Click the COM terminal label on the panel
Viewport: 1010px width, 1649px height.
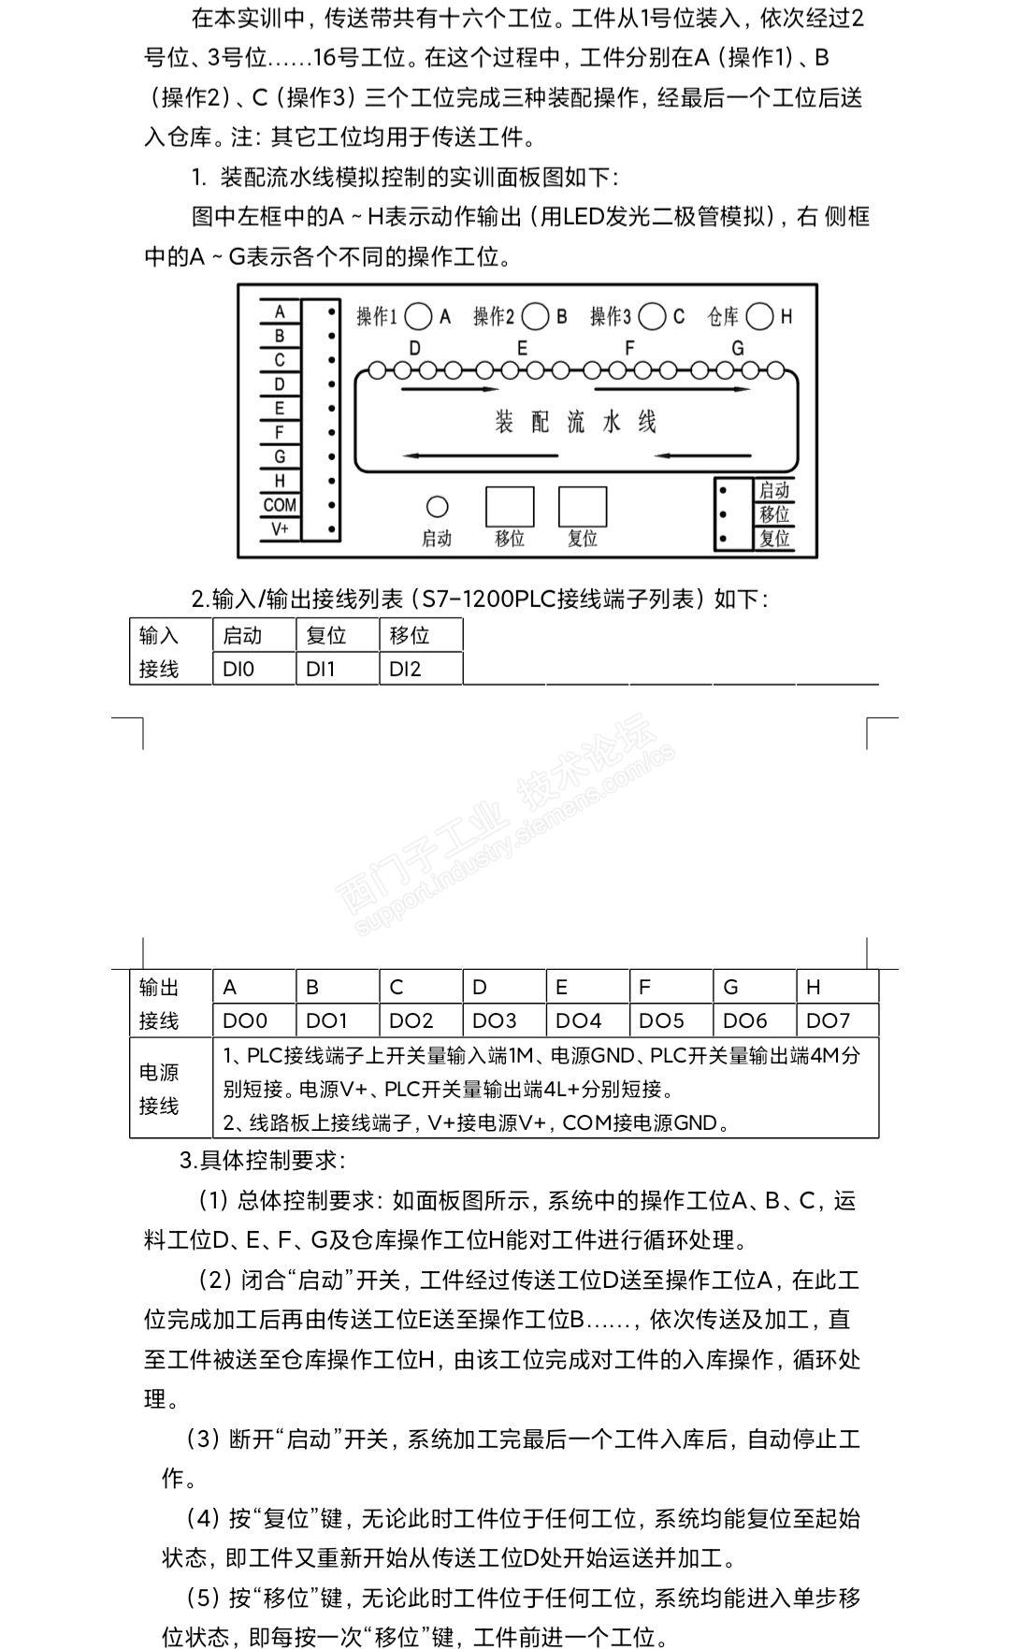pos(280,505)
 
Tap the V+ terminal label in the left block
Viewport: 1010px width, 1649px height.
pos(280,528)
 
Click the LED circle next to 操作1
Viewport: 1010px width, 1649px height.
pos(419,317)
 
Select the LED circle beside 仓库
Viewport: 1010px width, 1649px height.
pos(760,317)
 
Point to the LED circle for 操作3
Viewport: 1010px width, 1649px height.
pos(653,317)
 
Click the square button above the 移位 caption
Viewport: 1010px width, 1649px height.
pos(510,507)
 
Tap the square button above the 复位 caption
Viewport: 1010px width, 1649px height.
pos(583,507)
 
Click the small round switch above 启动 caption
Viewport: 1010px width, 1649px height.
pos(437,507)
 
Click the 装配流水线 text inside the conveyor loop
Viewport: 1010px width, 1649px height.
pos(575,422)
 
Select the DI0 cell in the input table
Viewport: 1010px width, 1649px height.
pos(253,669)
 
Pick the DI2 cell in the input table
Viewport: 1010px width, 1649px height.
pos(421,669)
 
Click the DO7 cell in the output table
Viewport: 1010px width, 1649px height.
pos(836,1020)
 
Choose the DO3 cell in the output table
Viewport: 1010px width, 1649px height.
pos(503,1020)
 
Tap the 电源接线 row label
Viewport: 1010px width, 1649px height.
pos(159,1089)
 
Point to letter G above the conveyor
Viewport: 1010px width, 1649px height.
pos(738,348)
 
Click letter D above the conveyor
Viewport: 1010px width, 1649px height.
pos(414,348)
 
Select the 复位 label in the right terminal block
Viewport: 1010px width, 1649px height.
pos(774,539)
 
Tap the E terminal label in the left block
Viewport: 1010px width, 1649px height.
pos(280,408)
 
